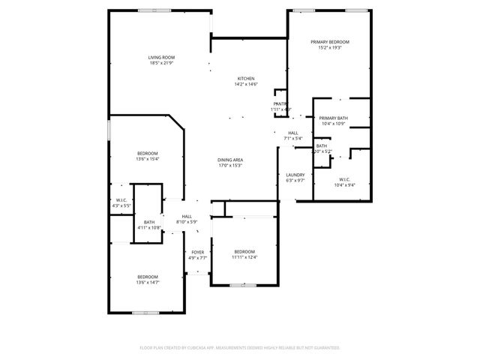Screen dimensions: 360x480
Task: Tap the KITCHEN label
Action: click(246, 79)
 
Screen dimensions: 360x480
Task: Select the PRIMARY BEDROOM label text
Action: click(330, 42)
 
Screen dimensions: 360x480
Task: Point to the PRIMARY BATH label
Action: click(332, 118)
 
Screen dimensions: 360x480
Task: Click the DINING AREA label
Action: click(230, 160)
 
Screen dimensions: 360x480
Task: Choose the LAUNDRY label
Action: click(295, 175)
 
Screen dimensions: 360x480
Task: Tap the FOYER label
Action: click(197, 252)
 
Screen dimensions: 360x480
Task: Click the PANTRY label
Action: click(280, 103)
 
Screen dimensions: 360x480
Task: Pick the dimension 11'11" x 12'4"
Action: click(244, 257)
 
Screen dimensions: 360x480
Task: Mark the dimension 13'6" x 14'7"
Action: click(147, 283)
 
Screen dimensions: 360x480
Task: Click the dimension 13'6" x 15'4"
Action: click(147, 159)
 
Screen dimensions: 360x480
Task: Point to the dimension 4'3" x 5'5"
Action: click(121, 205)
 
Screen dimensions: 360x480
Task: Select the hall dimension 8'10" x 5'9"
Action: click(187, 221)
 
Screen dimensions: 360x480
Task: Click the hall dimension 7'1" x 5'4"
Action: click(292, 138)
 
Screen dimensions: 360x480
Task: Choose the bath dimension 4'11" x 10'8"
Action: click(149, 227)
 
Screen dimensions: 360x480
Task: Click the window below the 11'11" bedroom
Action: click(241, 286)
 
